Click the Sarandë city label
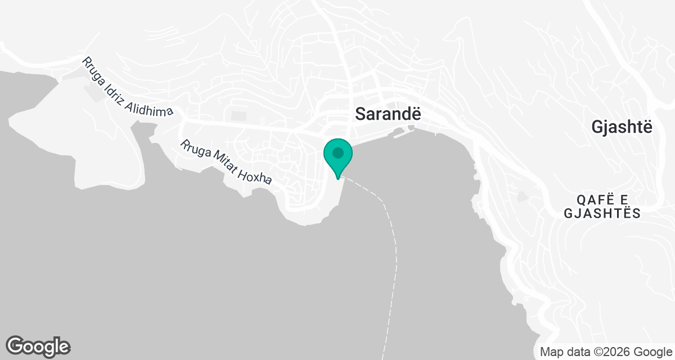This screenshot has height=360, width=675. (388, 114)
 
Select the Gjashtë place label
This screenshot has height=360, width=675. (622, 128)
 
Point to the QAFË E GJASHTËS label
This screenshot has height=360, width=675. (609, 206)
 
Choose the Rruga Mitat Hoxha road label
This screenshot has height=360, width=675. (226, 163)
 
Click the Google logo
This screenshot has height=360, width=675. (38, 346)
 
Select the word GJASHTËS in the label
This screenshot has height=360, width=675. (609, 214)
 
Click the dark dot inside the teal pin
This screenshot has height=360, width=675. (337, 152)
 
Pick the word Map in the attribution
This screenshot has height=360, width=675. (551, 352)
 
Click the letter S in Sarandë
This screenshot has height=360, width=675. (361, 114)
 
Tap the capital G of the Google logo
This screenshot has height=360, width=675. (16, 346)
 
